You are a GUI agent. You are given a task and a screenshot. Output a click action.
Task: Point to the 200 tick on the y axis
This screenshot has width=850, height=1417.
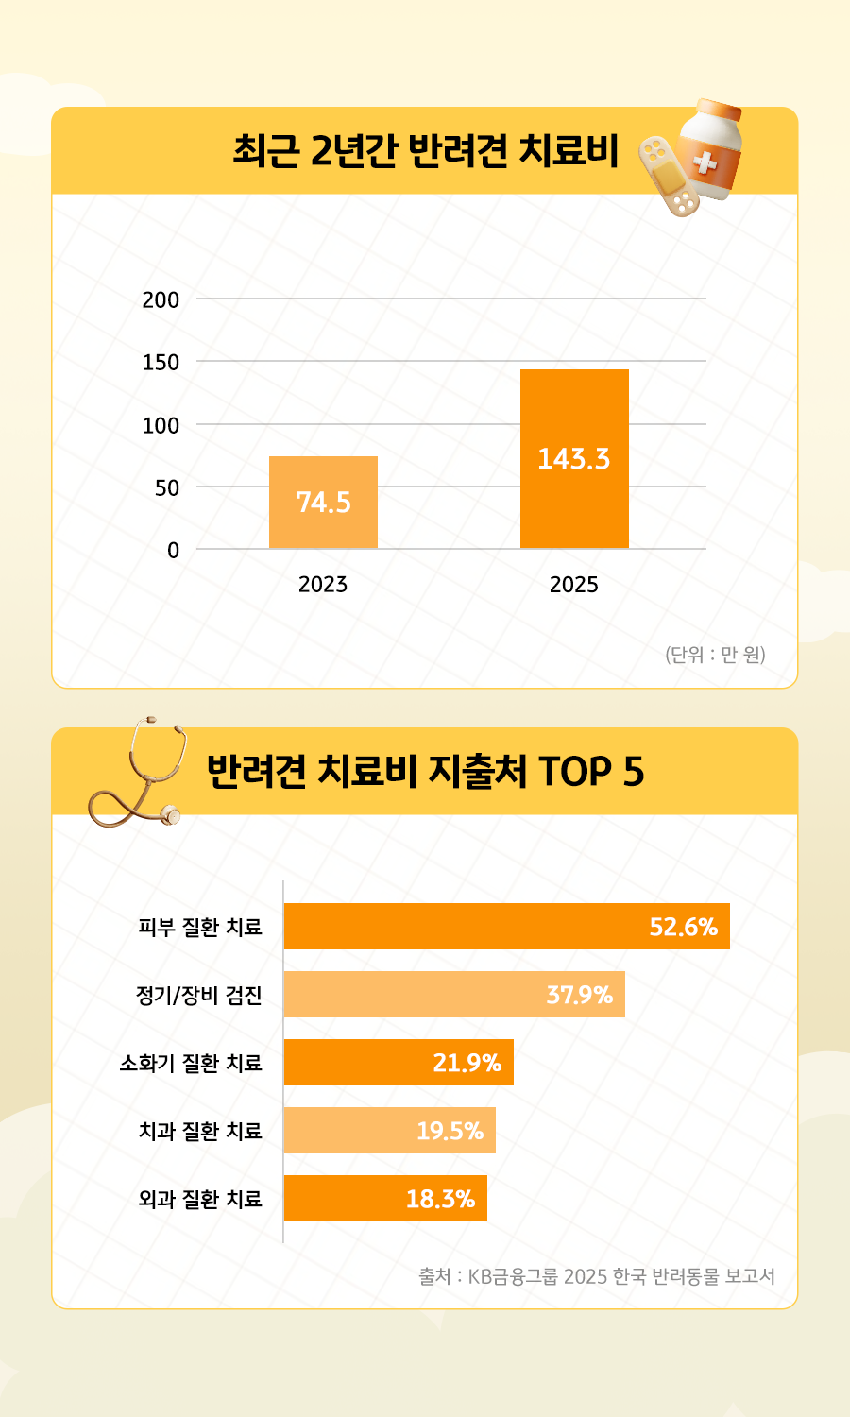point(161,299)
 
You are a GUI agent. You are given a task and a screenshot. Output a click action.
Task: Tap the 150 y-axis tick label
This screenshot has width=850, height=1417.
point(161,363)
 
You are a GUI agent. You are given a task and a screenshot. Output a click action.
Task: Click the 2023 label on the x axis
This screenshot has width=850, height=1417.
point(323,585)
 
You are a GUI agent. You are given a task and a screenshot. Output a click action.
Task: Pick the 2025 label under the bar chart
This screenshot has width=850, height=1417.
point(574,585)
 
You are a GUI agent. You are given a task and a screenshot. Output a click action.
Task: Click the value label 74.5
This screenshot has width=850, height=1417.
point(323,503)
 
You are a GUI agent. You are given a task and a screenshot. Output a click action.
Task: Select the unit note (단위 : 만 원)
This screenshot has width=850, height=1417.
point(715,654)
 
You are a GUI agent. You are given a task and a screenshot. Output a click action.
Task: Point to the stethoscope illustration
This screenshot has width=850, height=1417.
point(142,770)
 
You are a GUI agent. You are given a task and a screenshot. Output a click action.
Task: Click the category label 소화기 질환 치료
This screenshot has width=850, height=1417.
point(191,1063)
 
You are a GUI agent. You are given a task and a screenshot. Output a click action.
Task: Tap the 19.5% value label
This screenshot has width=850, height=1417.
point(450,1131)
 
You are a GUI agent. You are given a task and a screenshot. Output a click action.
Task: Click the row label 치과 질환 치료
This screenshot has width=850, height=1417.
point(200,1131)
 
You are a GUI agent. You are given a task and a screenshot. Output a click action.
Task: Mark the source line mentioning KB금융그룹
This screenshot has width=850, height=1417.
point(597,1276)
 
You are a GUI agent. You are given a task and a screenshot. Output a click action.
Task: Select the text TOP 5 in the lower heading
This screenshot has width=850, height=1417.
point(591,772)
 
